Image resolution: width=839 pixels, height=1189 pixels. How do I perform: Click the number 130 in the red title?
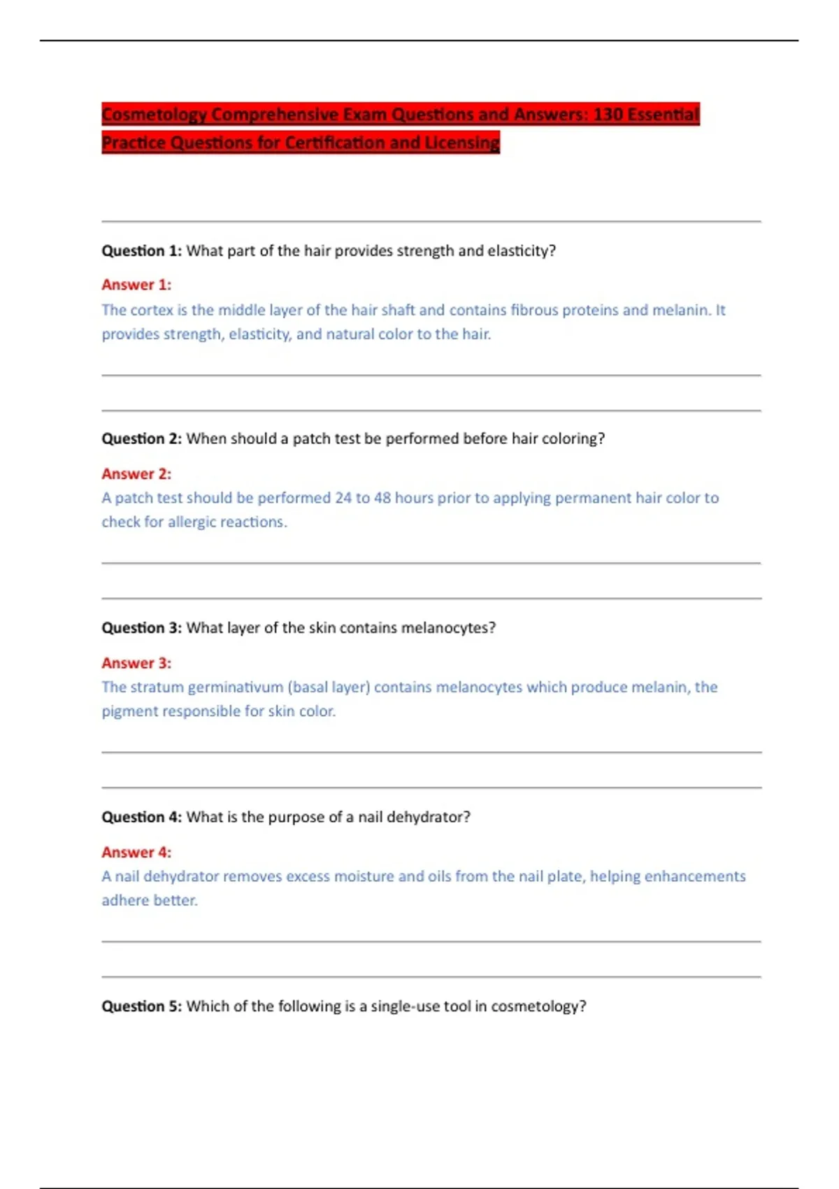click(608, 114)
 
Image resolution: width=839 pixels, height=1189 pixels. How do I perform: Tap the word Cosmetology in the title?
click(154, 114)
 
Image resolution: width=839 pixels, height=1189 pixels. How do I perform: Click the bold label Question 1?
click(141, 250)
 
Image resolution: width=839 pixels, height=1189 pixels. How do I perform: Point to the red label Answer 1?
click(136, 285)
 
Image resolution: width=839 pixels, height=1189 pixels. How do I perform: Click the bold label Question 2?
click(141, 439)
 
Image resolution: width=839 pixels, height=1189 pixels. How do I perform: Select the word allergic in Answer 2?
click(196, 522)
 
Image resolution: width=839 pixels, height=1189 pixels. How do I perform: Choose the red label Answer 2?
click(136, 474)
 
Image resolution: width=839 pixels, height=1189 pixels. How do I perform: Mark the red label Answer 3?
click(136, 663)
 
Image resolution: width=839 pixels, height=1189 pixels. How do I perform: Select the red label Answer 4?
click(136, 852)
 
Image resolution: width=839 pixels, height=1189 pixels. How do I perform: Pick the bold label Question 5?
click(141, 1006)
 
